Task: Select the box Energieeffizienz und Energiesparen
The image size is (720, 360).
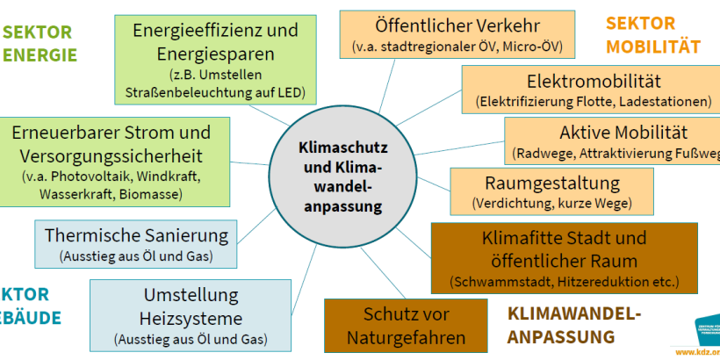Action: (215, 58)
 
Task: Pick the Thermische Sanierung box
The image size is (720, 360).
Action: (136, 245)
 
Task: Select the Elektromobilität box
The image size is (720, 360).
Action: (594, 90)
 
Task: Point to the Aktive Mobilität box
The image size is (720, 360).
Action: (615, 140)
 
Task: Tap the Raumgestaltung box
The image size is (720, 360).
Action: (551, 191)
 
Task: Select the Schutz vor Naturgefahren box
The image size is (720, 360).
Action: (407, 325)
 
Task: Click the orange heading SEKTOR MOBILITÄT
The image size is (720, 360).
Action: (652, 34)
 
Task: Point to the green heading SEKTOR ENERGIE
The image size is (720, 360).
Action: (39, 44)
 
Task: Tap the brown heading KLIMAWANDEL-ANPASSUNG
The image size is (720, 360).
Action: (574, 324)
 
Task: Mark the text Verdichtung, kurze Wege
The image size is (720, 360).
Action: (551, 204)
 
